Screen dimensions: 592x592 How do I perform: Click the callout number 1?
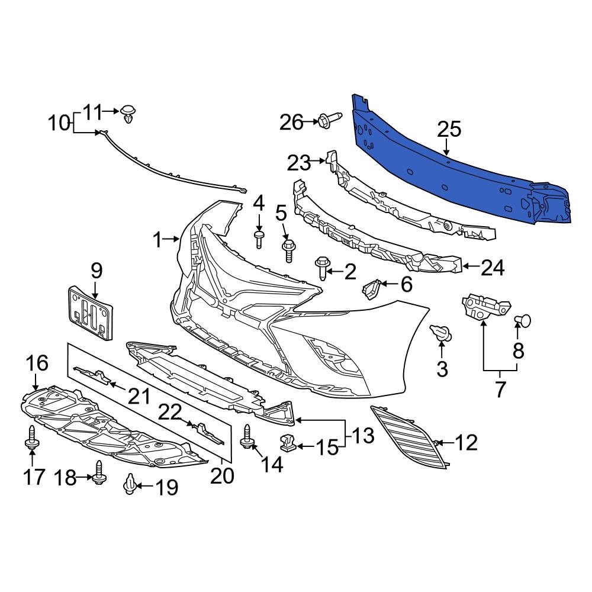(x=157, y=240)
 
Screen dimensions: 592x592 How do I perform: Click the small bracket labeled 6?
(x=371, y=289)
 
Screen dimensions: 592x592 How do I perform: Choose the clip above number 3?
(x=441, y=333)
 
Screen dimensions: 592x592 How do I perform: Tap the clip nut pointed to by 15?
(x=287, y=442)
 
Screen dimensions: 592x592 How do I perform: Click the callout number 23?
(x=299, y=162)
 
